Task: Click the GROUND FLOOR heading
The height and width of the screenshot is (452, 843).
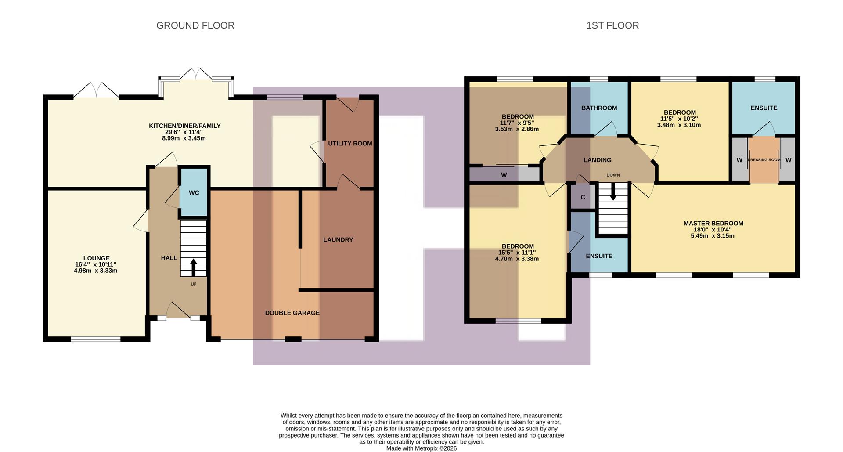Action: click(195, 25)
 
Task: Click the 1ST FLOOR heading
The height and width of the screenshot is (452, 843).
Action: click(612, 25)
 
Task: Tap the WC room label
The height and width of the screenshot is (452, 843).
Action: click(194, 193)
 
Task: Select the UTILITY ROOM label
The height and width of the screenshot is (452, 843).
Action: click(350, 143)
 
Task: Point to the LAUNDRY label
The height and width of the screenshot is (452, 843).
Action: click(338, 239)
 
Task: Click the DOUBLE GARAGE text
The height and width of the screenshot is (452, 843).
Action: click(292, 313)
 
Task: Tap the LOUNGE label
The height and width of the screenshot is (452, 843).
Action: click(97, 258)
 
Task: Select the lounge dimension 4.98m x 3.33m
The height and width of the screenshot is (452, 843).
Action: click(96, 271)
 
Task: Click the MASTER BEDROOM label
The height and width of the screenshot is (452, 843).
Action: click(713, 223)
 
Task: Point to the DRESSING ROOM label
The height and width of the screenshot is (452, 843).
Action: click(764, 160)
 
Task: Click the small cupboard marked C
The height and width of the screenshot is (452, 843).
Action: click(583, 197)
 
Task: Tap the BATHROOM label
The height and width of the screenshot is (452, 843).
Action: click(599, 108)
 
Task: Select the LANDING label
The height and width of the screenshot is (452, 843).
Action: click(597, 160)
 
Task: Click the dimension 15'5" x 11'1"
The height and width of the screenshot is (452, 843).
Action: click(517, 253)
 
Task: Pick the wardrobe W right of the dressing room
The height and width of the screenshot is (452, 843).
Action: click(788, 160)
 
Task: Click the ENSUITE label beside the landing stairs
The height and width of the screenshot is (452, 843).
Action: click(599, 256)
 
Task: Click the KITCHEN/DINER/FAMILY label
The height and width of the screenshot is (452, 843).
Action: click(184, 126)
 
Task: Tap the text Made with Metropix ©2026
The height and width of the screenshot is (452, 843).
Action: click(421, 448)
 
